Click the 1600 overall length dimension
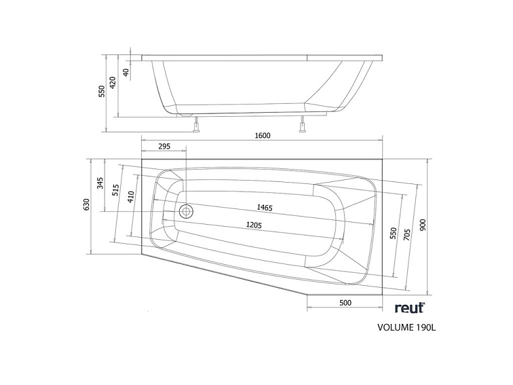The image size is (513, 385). (x=263, y=135)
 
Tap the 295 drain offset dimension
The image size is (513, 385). (x=164, y=147)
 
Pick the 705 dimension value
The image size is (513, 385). (x=407, y=235)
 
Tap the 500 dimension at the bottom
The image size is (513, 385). (x=345, y=303)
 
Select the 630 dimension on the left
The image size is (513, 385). (x=87, y=204)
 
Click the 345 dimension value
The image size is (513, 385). (x=100, y=183)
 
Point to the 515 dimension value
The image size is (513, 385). (x=116, y=191)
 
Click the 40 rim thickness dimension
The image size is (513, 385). (x=127, y=71)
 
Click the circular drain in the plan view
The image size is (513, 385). (x=186, y=211)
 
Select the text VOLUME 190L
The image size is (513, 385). (x=406, y=328)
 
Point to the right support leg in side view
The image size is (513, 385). (x=303, y=125)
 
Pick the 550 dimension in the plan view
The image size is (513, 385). (x=392, y=232)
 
